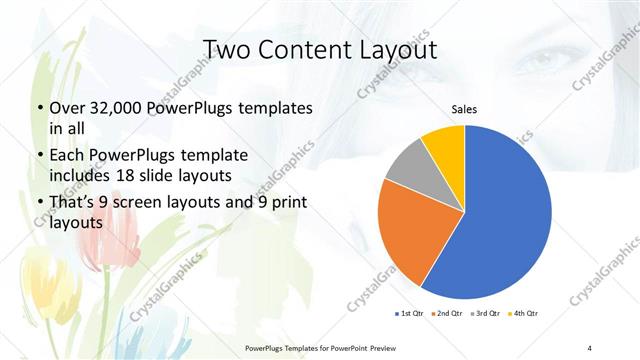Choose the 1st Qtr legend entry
click(x=411, y=314)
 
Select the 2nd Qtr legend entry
click(x=450, y=314)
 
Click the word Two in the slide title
click(x=227, y=50)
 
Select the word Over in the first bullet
click(x=64, y=107)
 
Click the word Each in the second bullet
click(x=65, y=155)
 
